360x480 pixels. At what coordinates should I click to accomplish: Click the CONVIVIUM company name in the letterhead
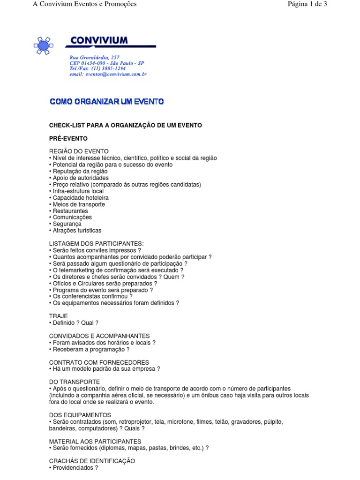98,41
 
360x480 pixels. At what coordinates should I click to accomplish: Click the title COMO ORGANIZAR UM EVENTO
107,101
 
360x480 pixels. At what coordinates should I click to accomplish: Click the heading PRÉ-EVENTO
68,139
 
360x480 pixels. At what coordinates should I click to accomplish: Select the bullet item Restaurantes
70,211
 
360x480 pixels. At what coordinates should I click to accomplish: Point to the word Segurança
66,224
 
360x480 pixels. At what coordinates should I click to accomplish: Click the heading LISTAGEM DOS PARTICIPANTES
96,244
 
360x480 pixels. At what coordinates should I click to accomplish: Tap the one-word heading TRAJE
59,316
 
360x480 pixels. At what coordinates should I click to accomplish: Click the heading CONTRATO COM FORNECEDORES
99,362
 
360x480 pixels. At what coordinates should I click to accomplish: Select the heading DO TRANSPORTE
75,382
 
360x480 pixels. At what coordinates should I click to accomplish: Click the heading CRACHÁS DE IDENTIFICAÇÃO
92,461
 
